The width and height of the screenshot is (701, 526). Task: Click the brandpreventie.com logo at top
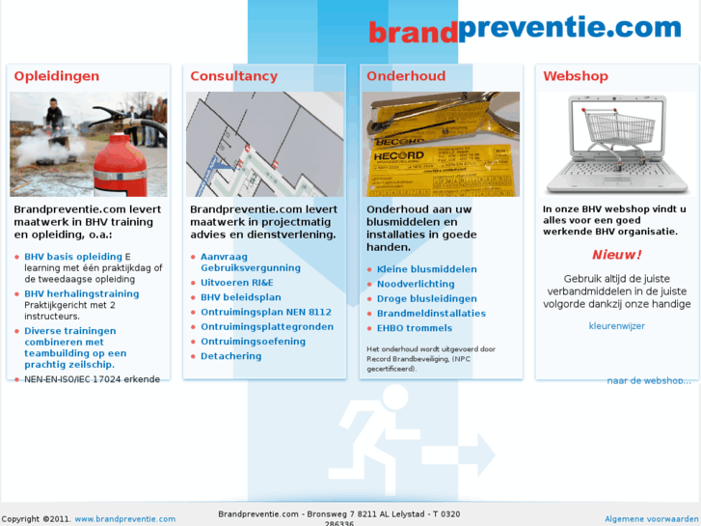click(525, 29)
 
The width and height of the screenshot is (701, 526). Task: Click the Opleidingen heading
click(56, 76)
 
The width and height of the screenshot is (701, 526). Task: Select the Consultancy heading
click(233, 76)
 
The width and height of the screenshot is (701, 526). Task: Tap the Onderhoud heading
click(406, 76)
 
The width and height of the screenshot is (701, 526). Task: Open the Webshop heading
click(576, 76)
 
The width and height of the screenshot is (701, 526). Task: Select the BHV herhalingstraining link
click(81, 293)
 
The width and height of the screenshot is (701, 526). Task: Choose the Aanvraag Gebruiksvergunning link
click(250, 263)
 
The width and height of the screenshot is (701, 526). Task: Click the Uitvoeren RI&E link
click(236, 283)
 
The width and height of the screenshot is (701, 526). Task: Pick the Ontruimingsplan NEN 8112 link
click(265, 312)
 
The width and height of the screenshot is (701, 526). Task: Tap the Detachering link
click(230, 356)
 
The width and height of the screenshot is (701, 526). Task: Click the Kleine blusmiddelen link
click(426, 269)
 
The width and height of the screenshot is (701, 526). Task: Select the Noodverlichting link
click(415, 284)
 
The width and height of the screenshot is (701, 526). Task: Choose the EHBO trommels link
click(414, 328)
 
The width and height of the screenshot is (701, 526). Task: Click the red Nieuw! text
click(616, 255)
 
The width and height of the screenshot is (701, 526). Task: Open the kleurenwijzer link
click(616, 326)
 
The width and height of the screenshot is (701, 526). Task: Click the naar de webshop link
click(649, 380)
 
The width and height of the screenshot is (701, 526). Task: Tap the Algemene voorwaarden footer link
click(652, 519)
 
